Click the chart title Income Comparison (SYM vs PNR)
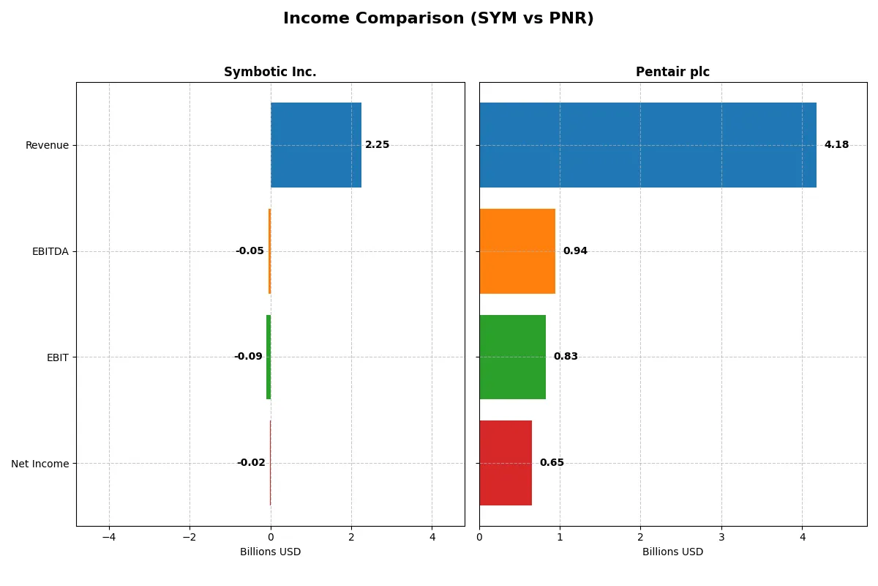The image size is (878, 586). (x=438, y=19)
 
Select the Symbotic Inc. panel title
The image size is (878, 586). (x=270, y=72)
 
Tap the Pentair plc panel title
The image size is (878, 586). (x=672, y=72)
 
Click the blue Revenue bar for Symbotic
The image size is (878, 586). (x=315, y=145)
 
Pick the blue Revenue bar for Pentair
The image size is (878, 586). (x=648, y=145)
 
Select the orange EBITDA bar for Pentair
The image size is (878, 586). (x=517, y=251)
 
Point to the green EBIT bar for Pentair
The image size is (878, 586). (x=512, y=357)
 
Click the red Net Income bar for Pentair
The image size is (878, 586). (x=505, y=463)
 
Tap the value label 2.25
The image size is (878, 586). (x=378, y=145)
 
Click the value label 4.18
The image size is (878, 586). (x=836, y=145)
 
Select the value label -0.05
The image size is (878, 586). (x=249, y=251)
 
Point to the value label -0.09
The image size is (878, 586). (x=248, y=357)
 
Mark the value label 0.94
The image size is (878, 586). (x=575, y=251)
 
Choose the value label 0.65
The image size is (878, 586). (x=552, y=463)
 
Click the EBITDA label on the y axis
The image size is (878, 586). (x=50, y=251)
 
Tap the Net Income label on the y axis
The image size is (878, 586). (x=40, y=464)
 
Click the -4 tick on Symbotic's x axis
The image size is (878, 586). (x=109, y=537)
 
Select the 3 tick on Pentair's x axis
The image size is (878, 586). (x=721, y=537)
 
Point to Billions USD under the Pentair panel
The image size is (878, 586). (x=672, y=552)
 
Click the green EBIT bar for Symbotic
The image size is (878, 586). (x=269, y=357)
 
